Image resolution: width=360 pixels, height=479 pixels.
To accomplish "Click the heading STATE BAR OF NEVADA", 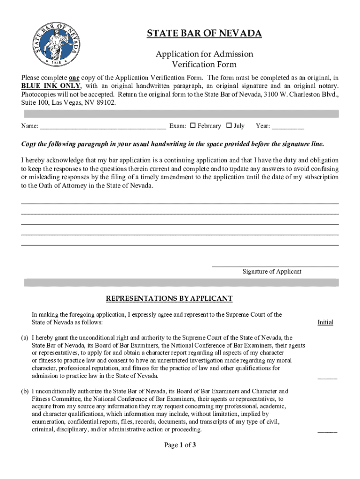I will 204,34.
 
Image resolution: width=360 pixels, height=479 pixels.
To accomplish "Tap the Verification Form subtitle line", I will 204,65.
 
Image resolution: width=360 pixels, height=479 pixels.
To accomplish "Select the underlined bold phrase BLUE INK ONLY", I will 50,86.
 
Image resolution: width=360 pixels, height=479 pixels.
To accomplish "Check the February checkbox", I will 192,125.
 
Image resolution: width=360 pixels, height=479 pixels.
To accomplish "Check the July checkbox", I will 229,125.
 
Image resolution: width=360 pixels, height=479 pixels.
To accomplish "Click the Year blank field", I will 288,126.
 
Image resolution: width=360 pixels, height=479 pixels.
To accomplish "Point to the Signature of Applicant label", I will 272,271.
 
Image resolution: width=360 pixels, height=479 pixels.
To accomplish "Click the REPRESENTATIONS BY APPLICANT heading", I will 169,298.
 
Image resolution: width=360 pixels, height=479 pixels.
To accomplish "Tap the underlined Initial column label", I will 325,322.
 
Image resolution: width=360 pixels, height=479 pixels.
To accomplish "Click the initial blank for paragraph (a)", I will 327,377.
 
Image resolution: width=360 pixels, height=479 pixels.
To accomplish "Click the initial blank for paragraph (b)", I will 327,431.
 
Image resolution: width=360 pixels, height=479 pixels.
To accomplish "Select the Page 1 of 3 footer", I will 180,445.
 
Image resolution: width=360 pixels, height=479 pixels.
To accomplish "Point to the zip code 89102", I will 105,102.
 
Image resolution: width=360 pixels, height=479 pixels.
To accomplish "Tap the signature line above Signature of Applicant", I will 275,266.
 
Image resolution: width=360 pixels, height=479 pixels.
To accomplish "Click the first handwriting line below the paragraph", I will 180,203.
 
